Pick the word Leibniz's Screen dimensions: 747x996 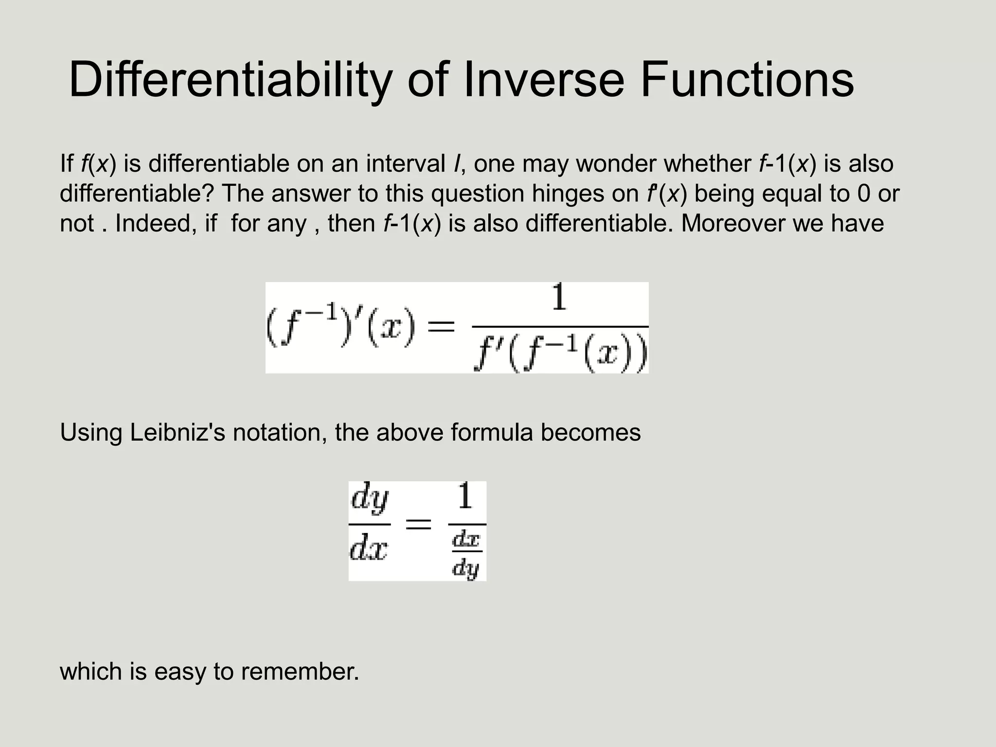point(178,432)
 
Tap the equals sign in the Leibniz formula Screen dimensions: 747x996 point(418,524)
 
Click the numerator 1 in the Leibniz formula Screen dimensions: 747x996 point(465,497)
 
